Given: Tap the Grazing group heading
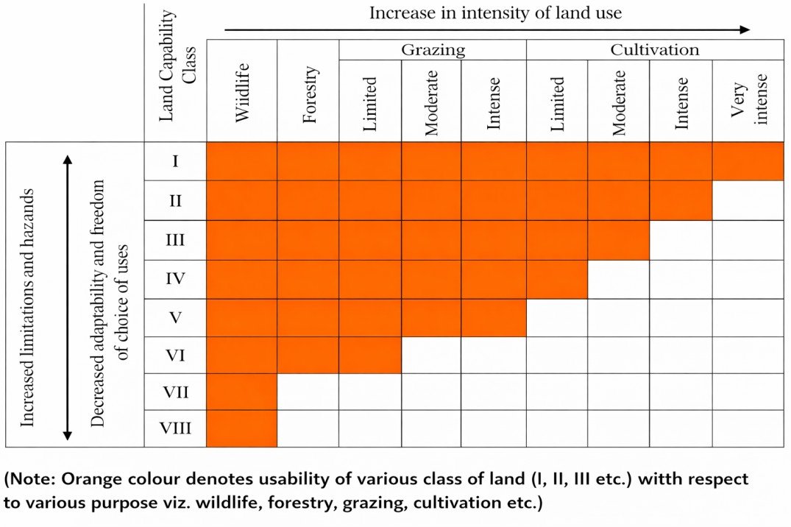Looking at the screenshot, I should (433, 50).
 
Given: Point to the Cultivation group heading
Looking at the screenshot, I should (655, 50).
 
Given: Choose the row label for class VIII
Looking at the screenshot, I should (175, 428).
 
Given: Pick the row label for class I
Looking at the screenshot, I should (175, 160).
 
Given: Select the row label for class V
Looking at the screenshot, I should (175, 318).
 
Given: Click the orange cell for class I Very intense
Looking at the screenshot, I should (748, 160).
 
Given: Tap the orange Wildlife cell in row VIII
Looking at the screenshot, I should (242, 428).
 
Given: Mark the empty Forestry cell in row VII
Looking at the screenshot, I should (308, 392).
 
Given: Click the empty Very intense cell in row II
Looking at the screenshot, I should (748, 200).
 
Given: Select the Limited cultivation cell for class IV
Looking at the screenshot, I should (557, 279).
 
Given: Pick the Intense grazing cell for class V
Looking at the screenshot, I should (494, 318).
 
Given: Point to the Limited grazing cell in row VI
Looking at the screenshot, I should (370, 356).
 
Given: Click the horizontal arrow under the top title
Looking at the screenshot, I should (486, 30).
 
